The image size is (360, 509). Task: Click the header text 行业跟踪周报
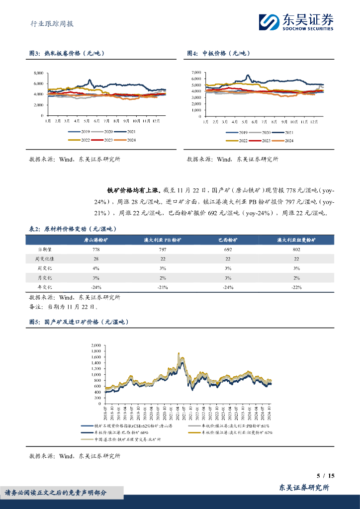49,23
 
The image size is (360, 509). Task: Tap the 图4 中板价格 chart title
217,53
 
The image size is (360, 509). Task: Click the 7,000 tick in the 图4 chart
196,73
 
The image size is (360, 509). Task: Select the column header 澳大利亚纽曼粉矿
296,240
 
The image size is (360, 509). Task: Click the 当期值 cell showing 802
296,249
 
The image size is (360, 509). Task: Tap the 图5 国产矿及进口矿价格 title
79,322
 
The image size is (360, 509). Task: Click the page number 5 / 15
326,476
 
